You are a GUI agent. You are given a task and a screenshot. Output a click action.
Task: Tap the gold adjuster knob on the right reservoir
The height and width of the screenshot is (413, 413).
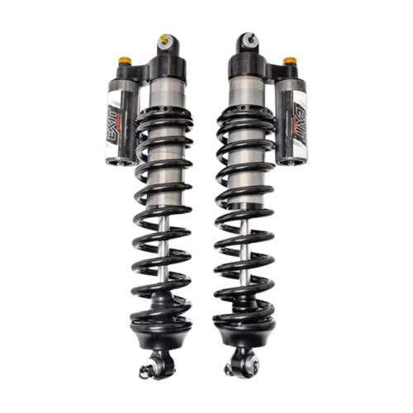point(289,61)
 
